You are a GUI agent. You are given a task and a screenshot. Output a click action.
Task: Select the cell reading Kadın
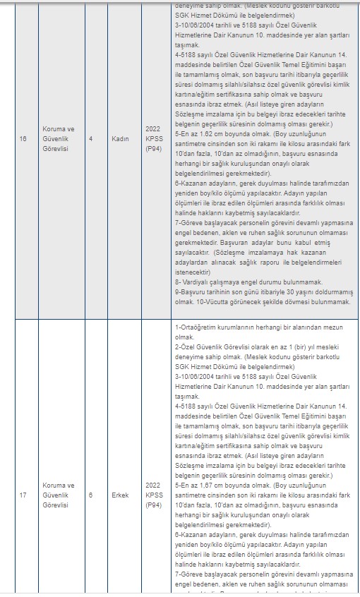click(121, 139)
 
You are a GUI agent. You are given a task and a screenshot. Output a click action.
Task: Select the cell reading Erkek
click(121, 495)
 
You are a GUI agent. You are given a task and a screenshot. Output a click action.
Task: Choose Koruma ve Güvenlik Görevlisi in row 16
click(59, 139)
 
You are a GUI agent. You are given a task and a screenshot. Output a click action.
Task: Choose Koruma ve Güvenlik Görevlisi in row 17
click(59, 495)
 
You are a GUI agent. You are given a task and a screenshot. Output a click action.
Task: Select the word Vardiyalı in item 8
click(200, 281)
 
